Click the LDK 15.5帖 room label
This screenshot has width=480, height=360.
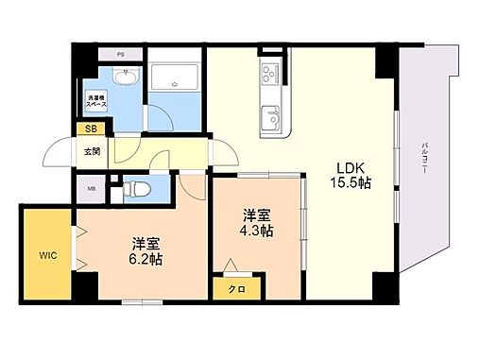point(348,177)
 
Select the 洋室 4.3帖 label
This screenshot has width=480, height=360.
point(256,222)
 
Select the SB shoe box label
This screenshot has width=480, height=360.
point(91,129)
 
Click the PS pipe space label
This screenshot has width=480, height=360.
point(120,54)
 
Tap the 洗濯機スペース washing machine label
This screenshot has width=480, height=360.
point(99,101)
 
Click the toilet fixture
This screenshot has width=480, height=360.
point(135,190)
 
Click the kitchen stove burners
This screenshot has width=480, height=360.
point(268,75)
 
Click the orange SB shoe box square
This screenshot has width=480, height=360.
point(91,129)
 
